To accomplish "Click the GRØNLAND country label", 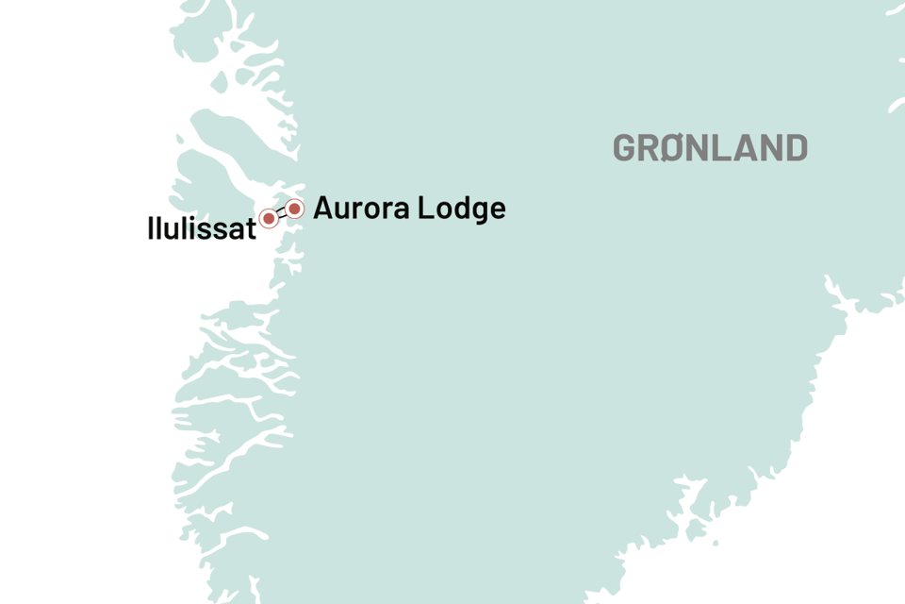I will (710, 148).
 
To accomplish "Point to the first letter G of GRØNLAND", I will (626, 148).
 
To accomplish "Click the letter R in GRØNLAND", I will (650, 148).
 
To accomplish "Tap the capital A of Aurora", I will (323, 209).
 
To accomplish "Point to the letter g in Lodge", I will (476, 212).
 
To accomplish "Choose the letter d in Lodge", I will (457, 209).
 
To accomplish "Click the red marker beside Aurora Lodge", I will (295, 209).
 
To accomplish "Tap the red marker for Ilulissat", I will (269, 219).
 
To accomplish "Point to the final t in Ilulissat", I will (250, 227).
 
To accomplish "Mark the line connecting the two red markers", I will (282, 213).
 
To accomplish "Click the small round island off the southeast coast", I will (716, 544).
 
